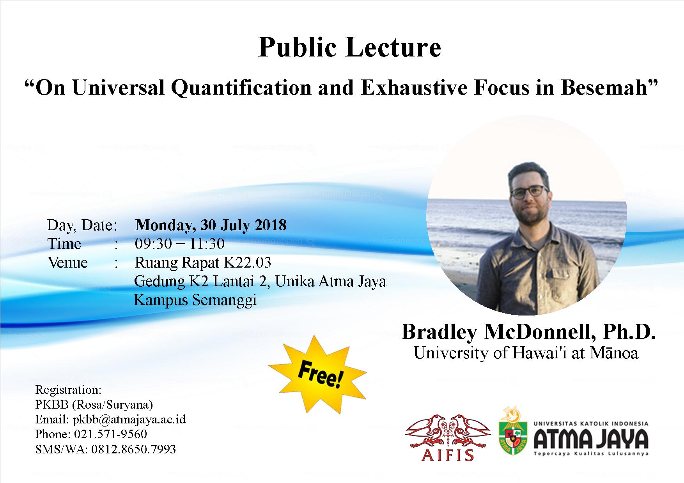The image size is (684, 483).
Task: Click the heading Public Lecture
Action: click(x=349, y=47)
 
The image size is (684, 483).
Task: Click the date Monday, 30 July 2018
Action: click(x=211, y=225)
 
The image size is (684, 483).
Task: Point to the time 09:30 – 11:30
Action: click(x=180, y=244)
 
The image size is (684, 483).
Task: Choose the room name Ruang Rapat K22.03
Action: click(x=203, y=263)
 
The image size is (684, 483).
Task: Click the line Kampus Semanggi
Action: click(x=195, y=300)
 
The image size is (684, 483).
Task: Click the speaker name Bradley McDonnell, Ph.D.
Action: click(x=529, y=332)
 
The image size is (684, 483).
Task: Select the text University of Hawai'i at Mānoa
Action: click(x=526, y=353)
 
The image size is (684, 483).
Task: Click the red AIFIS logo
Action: click(x=448, y=439)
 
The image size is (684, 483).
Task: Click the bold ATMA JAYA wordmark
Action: click(x=591, y=439)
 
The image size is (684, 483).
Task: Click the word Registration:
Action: click(x=68, y=390)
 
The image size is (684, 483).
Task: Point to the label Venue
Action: click(x=67, y=263)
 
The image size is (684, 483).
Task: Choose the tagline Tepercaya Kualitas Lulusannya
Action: click(x=591, y=454)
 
